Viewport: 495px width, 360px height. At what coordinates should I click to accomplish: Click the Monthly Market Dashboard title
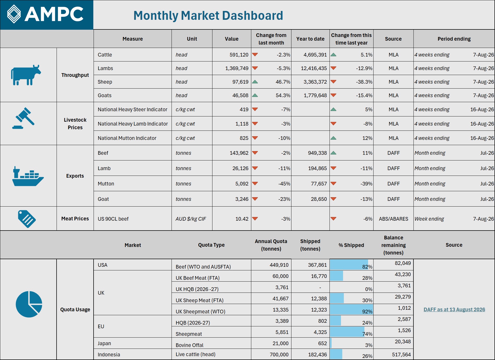[x=208, y=15]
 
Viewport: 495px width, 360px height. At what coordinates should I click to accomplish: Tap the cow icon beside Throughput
[x=26, y=75]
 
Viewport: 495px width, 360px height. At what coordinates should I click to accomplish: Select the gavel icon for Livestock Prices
[x=23, y=118]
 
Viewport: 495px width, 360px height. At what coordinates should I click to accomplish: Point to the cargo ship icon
[x=28, y=176]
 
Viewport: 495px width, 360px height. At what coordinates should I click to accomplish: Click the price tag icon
[x=27, y=219]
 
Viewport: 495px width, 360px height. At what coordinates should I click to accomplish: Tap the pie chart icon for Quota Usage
[x=29, y=304]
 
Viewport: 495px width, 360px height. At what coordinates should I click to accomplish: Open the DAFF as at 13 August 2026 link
[x=454, y=309]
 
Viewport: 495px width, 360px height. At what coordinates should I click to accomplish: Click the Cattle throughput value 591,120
[x=239, y=55]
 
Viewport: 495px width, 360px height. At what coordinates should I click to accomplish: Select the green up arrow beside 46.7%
[x=255, y=82]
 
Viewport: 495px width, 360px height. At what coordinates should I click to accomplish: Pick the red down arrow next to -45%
[x=255, y=183]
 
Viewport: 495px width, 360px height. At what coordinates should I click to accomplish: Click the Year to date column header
[x=310, y=39]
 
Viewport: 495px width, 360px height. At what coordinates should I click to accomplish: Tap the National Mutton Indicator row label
[x=127, y=138]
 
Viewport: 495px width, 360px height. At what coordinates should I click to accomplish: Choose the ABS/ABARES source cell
[x=393, y=219]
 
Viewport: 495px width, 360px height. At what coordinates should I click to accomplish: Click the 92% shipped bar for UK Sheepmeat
[x=351, y=309]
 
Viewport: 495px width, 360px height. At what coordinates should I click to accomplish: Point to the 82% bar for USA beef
[x=349, y=265]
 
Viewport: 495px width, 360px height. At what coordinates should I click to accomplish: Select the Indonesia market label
[x=109, y=355]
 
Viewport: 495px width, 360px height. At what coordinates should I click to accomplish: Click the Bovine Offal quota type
[x=189, y=345]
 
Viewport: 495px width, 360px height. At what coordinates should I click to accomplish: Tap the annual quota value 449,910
[x=279, y=265]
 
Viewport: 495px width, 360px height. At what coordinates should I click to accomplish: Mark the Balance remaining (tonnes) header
[x=393, y=245]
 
